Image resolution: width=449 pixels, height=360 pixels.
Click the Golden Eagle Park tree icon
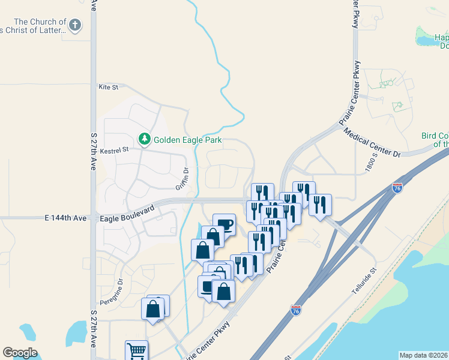[144, 140]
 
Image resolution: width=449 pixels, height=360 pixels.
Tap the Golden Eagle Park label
[188, 140]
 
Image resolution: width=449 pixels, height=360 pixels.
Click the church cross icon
[74, 25]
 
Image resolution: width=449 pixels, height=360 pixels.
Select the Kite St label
[108, 87]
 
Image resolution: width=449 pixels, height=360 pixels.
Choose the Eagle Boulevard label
[127, 214]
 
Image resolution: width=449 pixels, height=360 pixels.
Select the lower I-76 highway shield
[295, 310]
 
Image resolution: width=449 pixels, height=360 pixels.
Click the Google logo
[20, 353]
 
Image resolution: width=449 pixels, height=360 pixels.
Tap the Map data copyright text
[423, 355]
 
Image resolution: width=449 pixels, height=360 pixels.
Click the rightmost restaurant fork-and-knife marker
[321, 205]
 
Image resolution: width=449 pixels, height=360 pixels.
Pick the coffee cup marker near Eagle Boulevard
[224, 224]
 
